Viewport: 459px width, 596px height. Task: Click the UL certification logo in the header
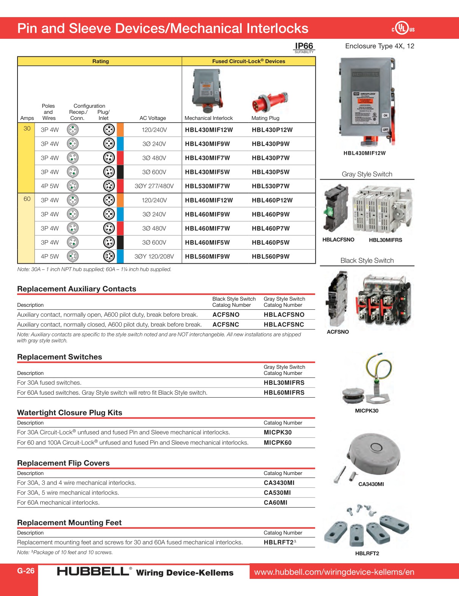(x=403, y=29)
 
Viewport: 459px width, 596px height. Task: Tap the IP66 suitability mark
(x=304, y=48)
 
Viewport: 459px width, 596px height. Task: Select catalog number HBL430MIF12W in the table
(x=209, y=130)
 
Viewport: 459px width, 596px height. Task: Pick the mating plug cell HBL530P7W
(x=271, y=186)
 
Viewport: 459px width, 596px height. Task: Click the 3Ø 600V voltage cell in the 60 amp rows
(x=154, y=242)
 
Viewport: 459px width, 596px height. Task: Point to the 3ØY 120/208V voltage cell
(x=154, y=257)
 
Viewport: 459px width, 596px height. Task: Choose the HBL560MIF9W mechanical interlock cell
(x=207, y=257)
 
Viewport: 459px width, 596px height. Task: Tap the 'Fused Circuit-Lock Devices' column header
(x=249, y=61)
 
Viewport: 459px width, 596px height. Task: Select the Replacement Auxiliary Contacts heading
(x=76, y=289)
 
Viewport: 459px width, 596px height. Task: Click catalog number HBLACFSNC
(x=284, y=325)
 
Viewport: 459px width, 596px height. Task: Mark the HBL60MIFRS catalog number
(x=284, y=392)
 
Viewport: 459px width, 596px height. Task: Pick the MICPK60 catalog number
(x=277, y=443)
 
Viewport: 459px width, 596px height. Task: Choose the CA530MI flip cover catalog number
(x=277, y=492)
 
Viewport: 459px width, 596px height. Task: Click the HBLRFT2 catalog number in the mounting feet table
(x=279, y=542)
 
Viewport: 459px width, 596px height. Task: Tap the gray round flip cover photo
(x=375, y=453)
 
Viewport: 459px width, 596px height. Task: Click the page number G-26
(x=26, y=571)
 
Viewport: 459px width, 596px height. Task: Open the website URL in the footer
(x=334, y=572)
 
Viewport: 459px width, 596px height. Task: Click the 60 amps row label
(x=27, y=199)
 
